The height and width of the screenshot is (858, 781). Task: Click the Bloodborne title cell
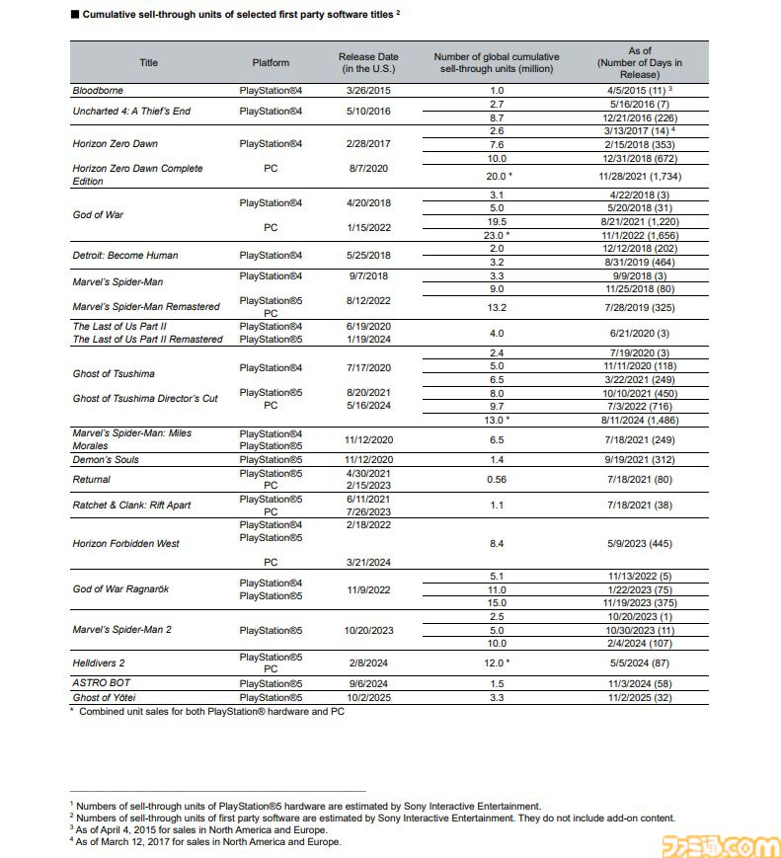[98, 90]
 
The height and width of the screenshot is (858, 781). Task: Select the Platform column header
[271, 62]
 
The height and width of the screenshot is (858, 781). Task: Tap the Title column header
[148, 62]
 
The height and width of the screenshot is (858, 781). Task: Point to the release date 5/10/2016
[364, 111]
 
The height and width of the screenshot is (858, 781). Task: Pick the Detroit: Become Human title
[125, 255]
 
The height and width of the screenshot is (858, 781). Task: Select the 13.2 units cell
[497, 306]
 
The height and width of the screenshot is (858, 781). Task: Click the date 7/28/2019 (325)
[640, 306]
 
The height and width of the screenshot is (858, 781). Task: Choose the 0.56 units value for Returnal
[497, 479]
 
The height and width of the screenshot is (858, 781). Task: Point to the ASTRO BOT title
[101, 682]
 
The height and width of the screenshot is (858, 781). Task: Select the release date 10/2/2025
[364, 696]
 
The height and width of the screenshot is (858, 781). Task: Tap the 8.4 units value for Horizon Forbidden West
[497, 542]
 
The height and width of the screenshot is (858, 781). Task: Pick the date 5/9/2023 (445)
[640, 542]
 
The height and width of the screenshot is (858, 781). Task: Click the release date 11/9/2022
[364, 589]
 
